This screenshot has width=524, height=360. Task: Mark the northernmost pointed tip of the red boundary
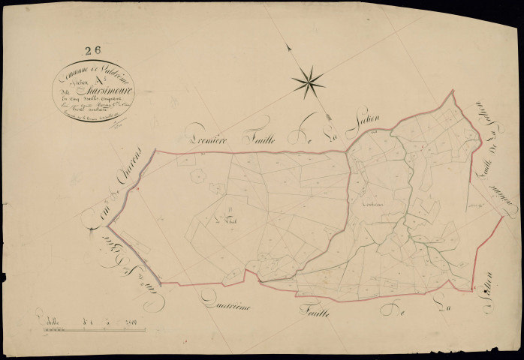tap(452, 91)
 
